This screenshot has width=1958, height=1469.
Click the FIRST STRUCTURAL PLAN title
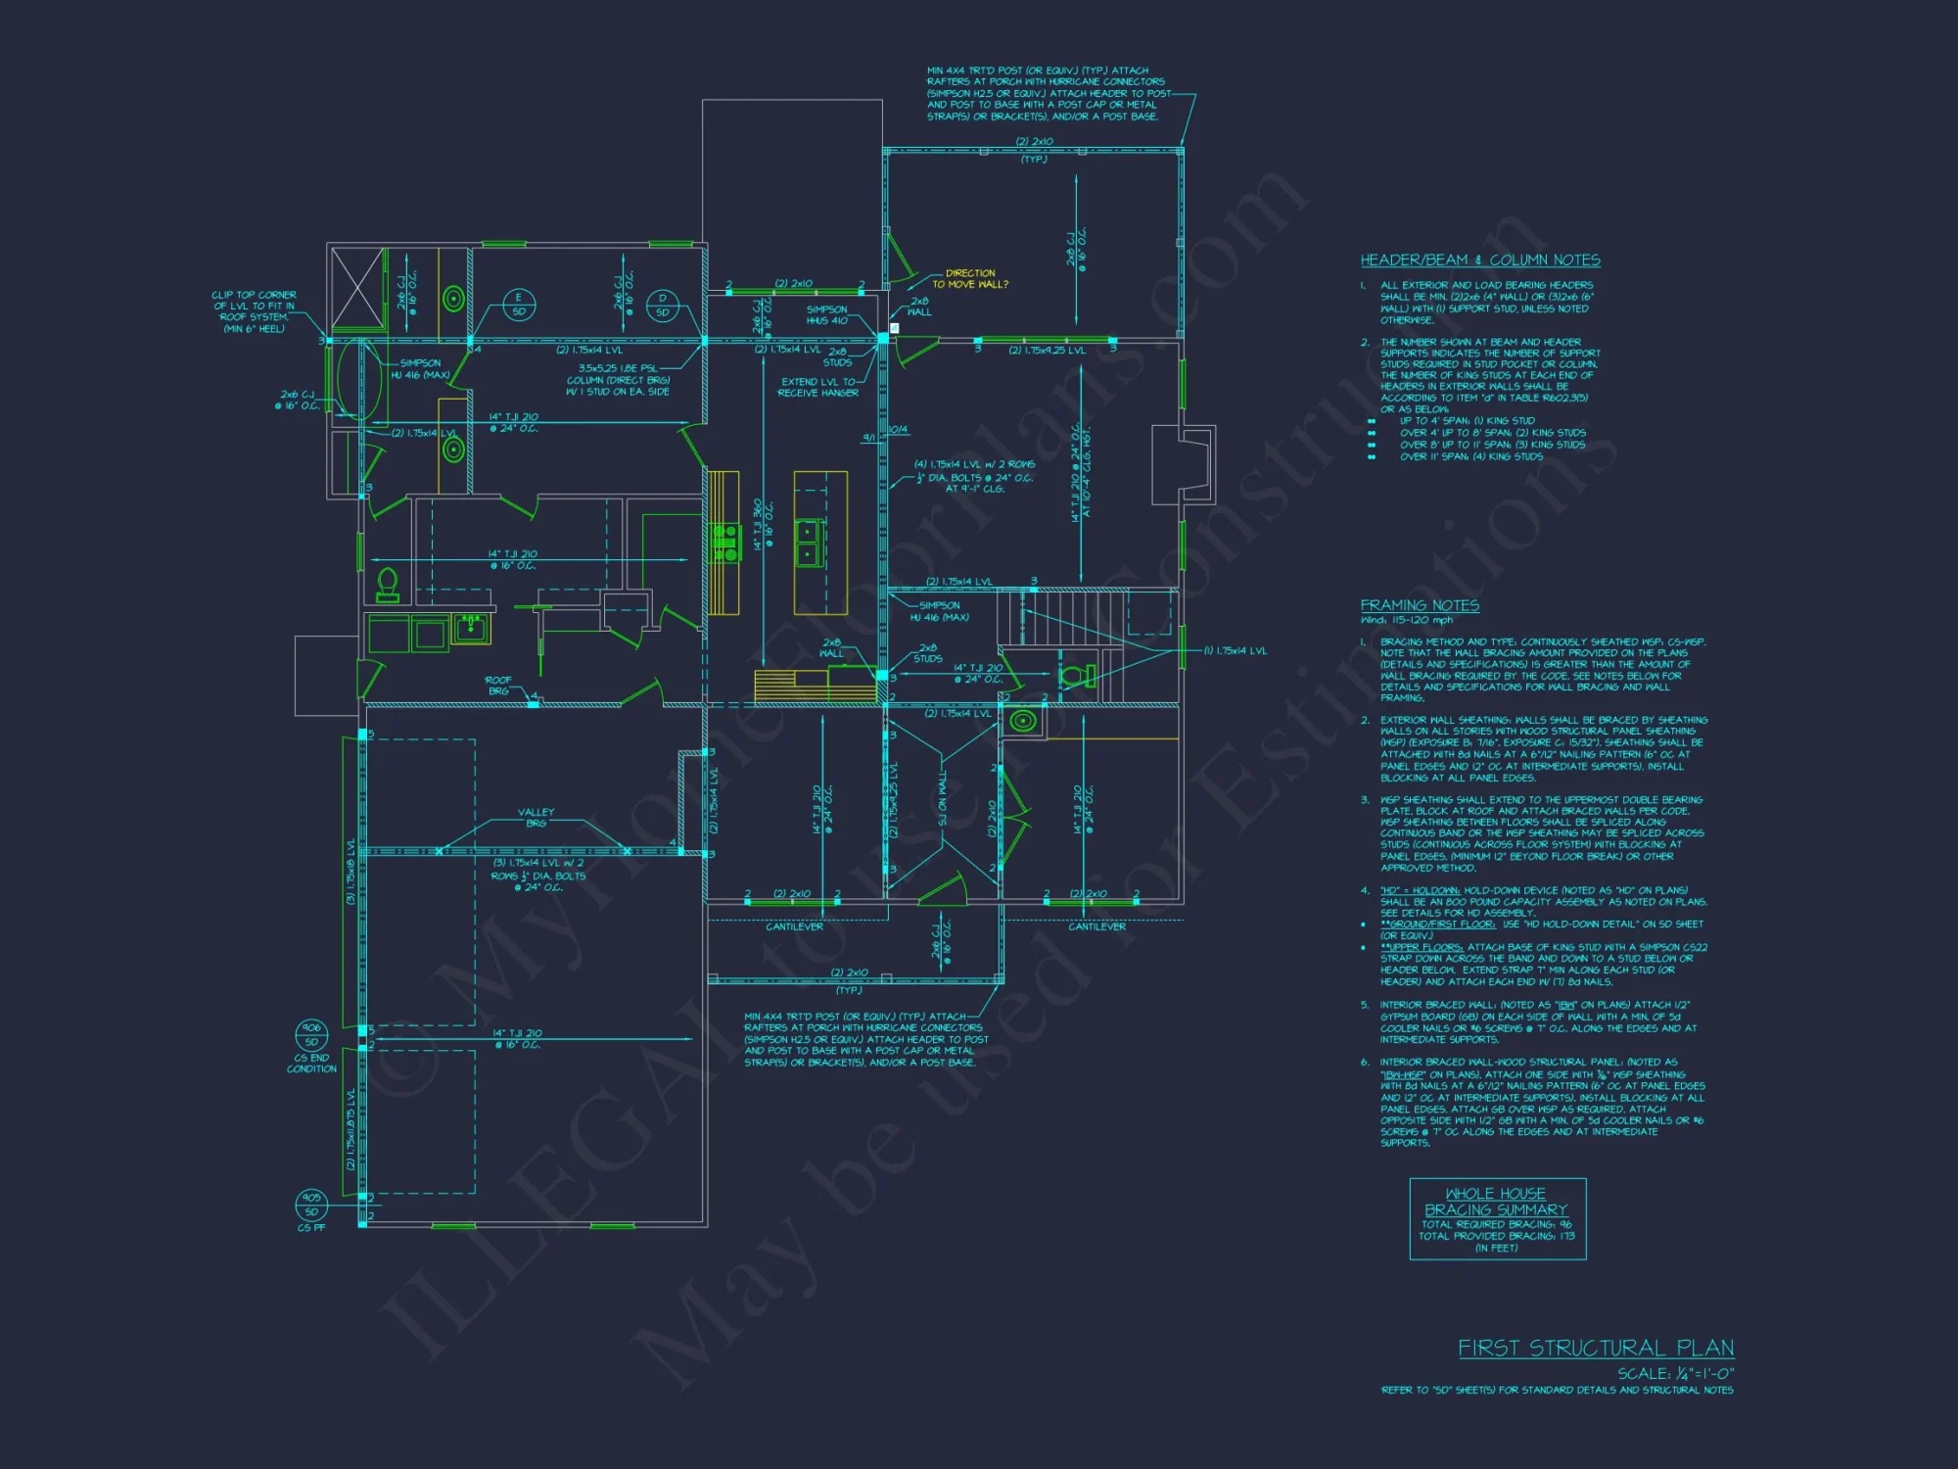point(1596,1349)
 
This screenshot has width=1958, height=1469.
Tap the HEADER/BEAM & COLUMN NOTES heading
point(1479,261)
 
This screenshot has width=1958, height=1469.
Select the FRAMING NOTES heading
point(1420,606)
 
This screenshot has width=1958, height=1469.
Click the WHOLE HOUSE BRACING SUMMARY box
point(1497,1219)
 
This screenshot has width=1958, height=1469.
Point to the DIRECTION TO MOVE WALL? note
point(969,279)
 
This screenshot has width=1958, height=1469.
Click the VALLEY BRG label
point(536,818)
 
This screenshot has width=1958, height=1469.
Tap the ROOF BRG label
point(498,686)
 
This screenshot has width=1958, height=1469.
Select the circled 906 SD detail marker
point(311,1034)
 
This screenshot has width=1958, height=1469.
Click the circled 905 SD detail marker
point(311,1204)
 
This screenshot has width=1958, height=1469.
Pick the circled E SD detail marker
point(519,305)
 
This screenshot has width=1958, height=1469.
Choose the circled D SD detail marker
point(663,305)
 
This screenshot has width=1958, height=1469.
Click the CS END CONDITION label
point(311,1064)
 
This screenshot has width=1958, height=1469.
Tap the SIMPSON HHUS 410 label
point(827,315)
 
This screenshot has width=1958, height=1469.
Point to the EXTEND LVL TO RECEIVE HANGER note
point(818,387)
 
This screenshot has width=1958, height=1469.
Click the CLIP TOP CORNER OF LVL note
point(255,311)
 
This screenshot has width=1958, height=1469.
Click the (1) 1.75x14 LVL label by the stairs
point(1235,651)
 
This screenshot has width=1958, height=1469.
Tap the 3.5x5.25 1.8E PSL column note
point(618,380)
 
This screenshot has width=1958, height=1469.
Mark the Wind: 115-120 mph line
point(1407,620)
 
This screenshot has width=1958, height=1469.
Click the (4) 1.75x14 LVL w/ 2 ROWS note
point(974,476)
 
